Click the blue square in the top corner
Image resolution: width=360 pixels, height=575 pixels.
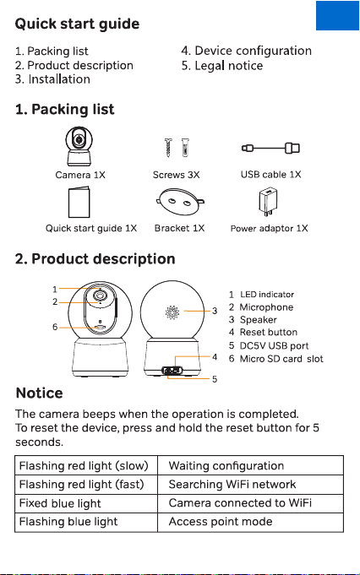tap(337, 15)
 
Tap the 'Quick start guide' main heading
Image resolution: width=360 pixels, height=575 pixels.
tap(77, 24)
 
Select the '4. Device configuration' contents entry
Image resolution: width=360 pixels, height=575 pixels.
tap(246, 51)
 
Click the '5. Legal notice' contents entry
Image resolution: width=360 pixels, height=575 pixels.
tap(222, 66)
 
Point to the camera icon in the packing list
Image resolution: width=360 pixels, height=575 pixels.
tap(79, 146)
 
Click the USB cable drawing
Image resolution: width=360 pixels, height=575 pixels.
tap(270, 148)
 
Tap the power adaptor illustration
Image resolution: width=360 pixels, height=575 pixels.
tap(268, 203)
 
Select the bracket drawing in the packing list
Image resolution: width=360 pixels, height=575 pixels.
tap(180, 202)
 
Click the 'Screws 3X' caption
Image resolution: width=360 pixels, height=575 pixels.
tap(176, 175)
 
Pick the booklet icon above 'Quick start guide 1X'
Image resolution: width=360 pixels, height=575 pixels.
tap(79, 203)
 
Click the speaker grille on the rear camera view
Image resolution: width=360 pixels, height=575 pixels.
tap(172, 312)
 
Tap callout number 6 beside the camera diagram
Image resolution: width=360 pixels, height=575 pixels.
tap(55, 327)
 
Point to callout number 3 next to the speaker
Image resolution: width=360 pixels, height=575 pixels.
tap(215, 311)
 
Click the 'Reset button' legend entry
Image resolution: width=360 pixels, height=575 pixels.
tap(263, 332)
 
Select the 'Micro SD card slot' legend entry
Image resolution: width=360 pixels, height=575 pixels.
tap(276, 359)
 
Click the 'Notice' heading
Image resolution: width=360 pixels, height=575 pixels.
tap(39, 393)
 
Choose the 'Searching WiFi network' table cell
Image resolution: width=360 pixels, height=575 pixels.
tap(251, 485)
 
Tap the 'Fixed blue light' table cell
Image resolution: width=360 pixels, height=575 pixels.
tap(86, 503)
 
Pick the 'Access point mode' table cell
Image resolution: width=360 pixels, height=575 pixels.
tap(251, 522)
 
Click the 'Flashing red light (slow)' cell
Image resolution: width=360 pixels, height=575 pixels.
tap(86, 466)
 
